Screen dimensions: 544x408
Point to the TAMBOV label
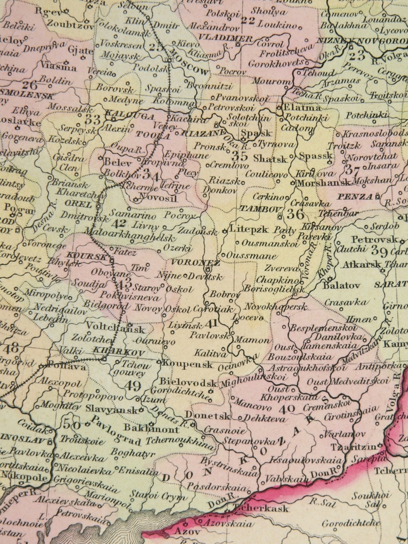[x=260, y=209]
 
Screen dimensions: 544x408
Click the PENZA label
[x=355, y=196]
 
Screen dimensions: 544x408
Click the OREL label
[x=78, y=204]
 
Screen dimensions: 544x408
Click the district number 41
[x=211, y=324]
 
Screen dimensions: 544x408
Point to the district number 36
[x=295, y=214]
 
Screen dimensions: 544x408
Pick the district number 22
[x=248, y=21]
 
